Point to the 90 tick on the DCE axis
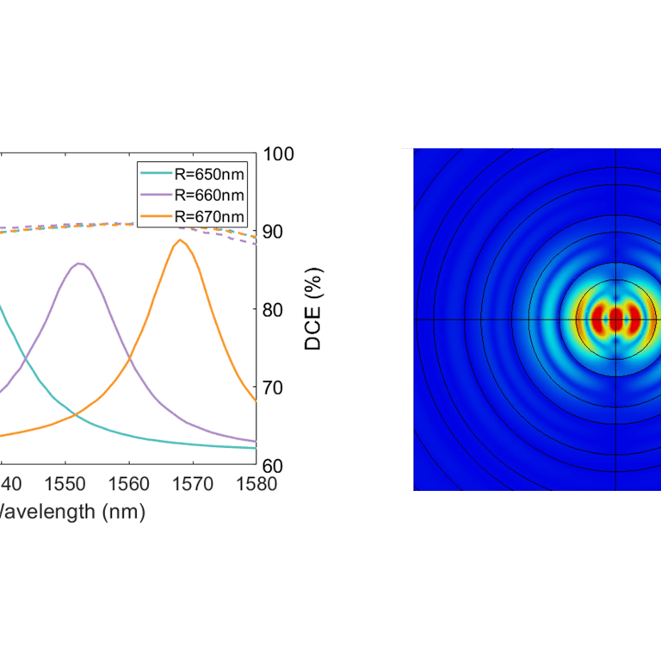pyautogui.click(x=275, y=232)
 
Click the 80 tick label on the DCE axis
pyautogui.click(x=275, y=309)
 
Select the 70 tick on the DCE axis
pyautogui.click(x=275, y=387)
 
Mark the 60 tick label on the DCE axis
pyautogui.click(x=275, y=465)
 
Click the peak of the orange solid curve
pyautogui.click(x=179, y=240)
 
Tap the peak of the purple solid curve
pyautogui.click(x=79, y=264)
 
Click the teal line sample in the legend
pyautogui.click(x=156, y=175)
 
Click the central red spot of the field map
pyautogui.click(x=616, y=320)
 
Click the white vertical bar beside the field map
pyautogui.click(x=407, y=319)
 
